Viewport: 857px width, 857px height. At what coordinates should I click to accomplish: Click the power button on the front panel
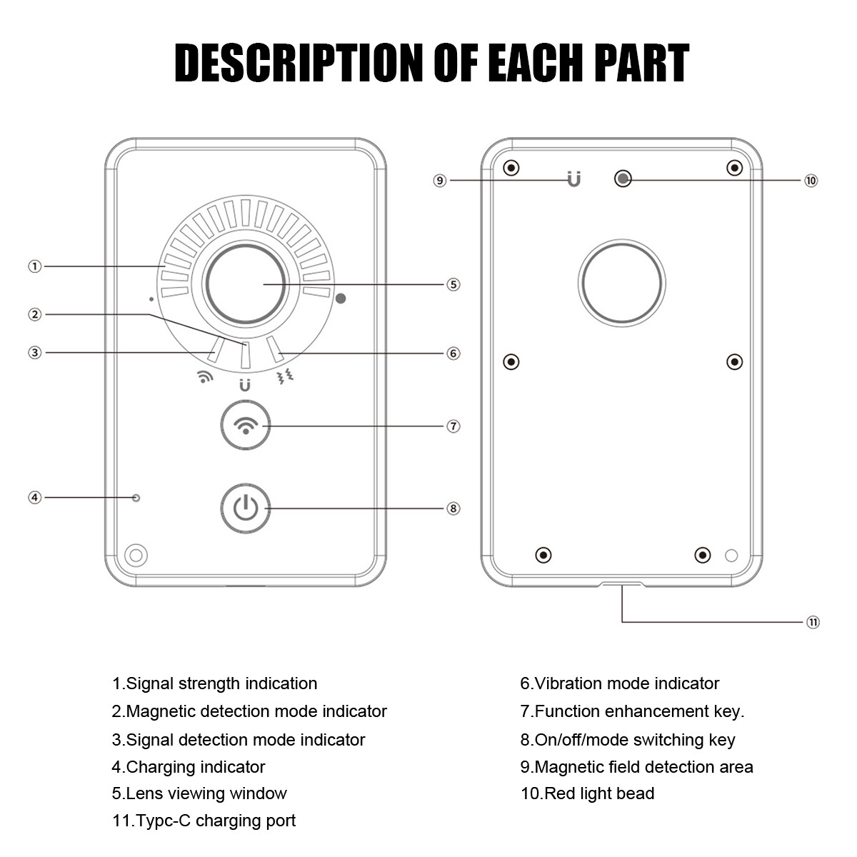(x=245, y=508)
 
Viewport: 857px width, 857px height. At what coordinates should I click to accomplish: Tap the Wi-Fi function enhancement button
(x=245, y=426)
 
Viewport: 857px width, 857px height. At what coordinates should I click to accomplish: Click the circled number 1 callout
(x=35, y=266)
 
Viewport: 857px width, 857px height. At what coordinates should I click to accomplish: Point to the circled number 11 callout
(x=813, y=622)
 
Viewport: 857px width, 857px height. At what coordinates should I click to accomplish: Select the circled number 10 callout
(x=811, y=181)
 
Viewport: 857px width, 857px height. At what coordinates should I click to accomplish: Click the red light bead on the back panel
(x=623, y=178)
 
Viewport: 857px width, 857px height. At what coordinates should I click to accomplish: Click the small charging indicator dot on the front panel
(x=136, y=497)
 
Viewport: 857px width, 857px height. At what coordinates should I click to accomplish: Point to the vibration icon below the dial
(x=286, y=377)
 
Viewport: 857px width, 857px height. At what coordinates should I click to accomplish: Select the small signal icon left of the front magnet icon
(x=205, y=377)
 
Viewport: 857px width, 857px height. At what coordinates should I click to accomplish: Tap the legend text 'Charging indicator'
(x=189, y=767)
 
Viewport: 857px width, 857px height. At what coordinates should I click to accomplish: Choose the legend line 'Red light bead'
(x=587, y=793)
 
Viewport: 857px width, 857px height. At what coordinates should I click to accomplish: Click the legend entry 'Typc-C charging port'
(x=204, y=821)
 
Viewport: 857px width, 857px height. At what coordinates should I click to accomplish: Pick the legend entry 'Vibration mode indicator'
(x=619, y=683)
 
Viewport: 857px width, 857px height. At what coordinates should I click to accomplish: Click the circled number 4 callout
(x=35, y=497)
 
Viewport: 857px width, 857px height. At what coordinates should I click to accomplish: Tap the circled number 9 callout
(x=440, y=181)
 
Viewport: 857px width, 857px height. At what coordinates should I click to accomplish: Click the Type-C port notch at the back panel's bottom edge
(x=622, y=585)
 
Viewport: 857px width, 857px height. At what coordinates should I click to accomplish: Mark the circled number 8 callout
(x=453, y=508)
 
